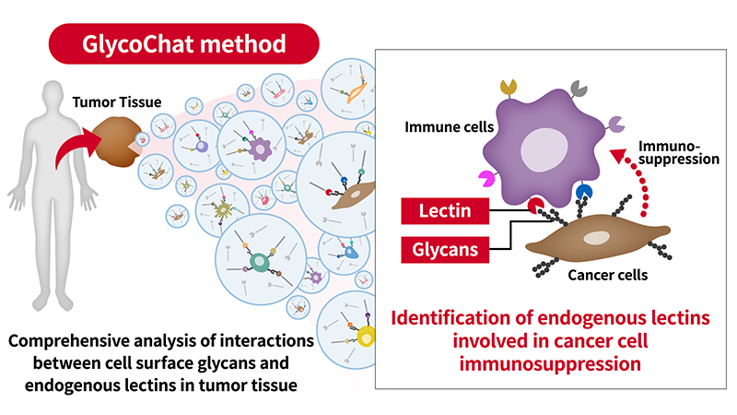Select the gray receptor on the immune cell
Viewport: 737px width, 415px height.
(x=578, y=87)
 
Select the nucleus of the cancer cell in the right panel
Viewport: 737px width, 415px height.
(x=596, y=238)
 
